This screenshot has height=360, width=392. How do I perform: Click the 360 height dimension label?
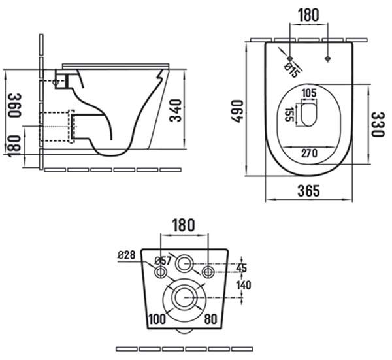coord(14,105)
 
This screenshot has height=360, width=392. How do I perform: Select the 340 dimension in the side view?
coord(176,110)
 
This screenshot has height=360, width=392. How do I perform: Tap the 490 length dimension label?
coord(237,111)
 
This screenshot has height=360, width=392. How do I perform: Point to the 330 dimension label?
coord(377,124)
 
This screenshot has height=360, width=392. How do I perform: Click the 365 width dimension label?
coord(308,191)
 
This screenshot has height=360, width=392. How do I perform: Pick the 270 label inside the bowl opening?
coord(309,154)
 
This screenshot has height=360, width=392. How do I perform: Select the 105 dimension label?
coord(309,93)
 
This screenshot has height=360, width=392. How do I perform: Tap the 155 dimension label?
coord(289,114)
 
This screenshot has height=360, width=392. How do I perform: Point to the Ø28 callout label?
coord(127,255)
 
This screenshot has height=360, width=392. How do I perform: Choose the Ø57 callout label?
coord(163,261)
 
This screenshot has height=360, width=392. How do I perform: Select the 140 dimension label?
coord(244,285)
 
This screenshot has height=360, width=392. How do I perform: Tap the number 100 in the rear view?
coord(157,319)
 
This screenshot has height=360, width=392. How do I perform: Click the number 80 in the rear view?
coord(211,319)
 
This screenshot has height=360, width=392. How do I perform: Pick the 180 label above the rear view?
coord(183,225)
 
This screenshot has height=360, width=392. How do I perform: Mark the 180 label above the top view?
coord(309,15)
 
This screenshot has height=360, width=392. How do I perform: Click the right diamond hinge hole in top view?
coord(327,59)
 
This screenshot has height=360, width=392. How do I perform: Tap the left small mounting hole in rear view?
coord(161,272)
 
